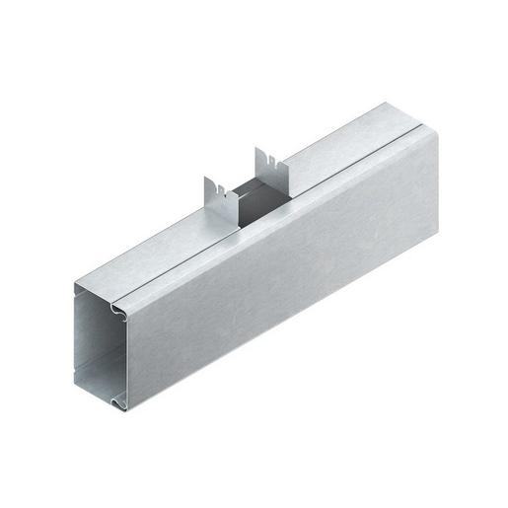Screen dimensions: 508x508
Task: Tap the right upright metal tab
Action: coord(266,164)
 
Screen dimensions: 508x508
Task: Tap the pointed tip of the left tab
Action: coord(206,179)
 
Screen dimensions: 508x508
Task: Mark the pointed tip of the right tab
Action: coord(255,149)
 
